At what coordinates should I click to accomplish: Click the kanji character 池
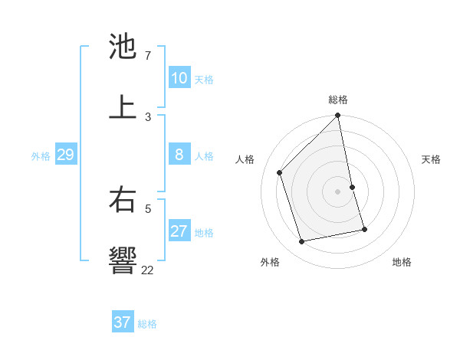tap(123, 47)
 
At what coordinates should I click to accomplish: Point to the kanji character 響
tap(123, 260)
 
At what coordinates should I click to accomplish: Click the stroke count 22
tap(147, 270)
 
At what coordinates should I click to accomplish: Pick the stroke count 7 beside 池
tap(147, 56)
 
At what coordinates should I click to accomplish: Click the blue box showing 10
tap(179, 78)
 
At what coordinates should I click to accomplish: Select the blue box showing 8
tap(179, 155)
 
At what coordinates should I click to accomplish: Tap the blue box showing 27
tap(179, 231)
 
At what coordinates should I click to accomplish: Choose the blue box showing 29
tap(65, 155)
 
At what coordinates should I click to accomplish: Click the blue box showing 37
tap(122, 322)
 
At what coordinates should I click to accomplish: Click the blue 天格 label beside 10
tap(203, 80)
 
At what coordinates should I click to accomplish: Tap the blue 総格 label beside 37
tap(147, 324)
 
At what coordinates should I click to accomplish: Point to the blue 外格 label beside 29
tap(41, 156)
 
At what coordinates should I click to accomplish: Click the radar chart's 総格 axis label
tap(338, 100)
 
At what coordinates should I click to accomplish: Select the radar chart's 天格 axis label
tap(431, 159)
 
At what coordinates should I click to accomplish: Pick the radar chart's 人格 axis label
tap(245, 159)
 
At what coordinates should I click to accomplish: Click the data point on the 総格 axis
tap(338, 116)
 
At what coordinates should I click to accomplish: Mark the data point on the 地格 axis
tap(364, 229)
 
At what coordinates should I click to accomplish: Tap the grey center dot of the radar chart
tap(338, 191)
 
